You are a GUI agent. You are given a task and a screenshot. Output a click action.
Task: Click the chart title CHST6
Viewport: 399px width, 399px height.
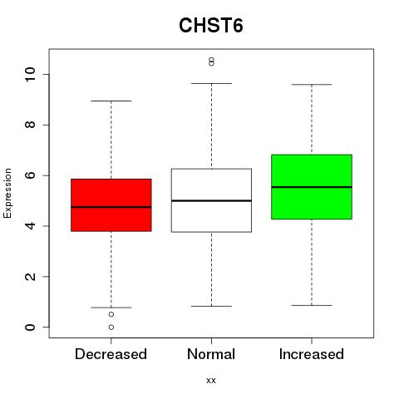click(211, 25)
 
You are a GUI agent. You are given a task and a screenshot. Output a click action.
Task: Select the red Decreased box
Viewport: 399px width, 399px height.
click(111, 205)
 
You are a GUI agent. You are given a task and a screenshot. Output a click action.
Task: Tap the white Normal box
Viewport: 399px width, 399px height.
click(211, 200)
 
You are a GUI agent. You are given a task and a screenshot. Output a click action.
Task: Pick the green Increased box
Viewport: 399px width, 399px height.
click(312, 187)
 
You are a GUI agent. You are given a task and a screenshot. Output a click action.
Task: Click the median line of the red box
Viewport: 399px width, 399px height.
click(111, 207)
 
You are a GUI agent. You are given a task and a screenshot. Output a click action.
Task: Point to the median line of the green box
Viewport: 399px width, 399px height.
click(312, 187)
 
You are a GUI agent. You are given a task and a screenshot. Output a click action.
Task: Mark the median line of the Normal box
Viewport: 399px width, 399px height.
click(211, 200)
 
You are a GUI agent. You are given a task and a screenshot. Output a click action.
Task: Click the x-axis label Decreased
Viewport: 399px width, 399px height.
click(111, 354)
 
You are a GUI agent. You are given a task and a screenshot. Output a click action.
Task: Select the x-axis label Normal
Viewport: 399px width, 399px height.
click(211, 354)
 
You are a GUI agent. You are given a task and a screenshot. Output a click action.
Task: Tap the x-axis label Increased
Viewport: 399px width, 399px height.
click(312, 354)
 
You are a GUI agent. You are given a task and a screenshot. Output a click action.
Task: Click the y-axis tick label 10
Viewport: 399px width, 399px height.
click(30, 74)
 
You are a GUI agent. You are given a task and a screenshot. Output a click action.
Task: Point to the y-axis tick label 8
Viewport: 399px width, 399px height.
click(30, 125)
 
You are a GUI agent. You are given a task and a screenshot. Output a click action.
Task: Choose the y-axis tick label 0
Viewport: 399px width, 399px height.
click(30, 328)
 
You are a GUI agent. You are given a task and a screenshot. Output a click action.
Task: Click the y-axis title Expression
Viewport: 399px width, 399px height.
click(7, 193)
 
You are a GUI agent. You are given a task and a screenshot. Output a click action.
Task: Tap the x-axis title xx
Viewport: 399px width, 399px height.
click(211, 380)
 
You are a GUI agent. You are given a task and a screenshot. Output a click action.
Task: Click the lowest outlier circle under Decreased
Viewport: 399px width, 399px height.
click(111, 328)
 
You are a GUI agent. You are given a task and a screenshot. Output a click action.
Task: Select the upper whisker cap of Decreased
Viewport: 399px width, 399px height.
click(111, 101)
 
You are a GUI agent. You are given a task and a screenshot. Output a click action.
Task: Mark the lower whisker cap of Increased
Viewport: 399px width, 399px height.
click(312, 305)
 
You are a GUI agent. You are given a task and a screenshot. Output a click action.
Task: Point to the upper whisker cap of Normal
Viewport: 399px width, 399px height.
click(211, 83)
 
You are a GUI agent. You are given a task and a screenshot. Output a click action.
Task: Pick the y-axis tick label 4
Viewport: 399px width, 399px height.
click(30, 226)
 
